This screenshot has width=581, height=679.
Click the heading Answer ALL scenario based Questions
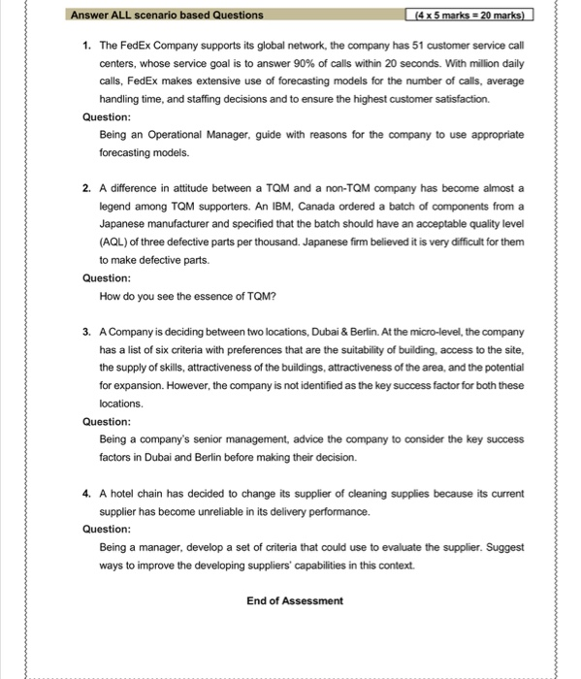point(166,15)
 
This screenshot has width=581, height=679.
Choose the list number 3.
point(86,332)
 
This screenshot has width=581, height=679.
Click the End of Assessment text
point(295,600)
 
